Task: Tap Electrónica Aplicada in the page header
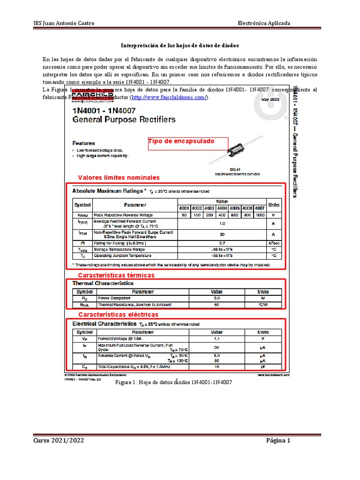click(264, 23)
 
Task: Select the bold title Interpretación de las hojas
click(180, 46)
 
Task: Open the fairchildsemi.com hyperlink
click(169, 97)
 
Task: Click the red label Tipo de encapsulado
click(181, 141)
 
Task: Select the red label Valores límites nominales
click(119, 178)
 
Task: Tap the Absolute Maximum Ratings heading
click(107, 191)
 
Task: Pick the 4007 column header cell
click(260, 208)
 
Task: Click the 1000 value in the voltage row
click(260, 215)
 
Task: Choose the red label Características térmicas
click(116, 275)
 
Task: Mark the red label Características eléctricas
click(118, 314)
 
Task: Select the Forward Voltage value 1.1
click(217, 338)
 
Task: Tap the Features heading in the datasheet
click(83, 143)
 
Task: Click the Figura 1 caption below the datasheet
click(173, 382)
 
